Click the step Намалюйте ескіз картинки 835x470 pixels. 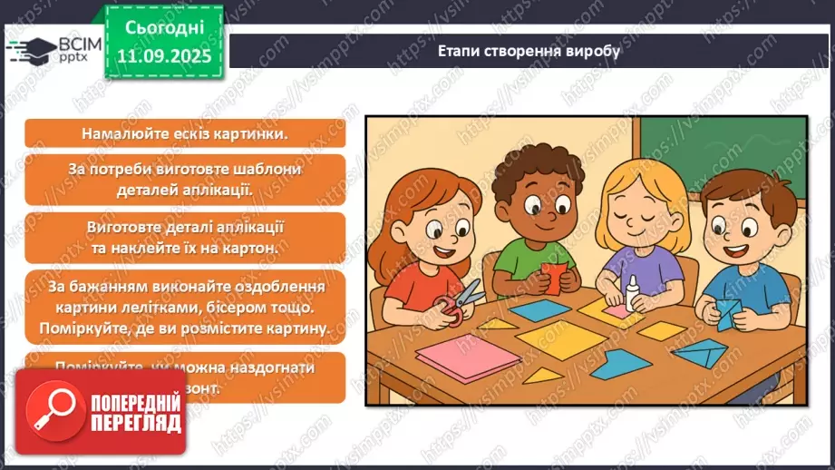184,133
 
